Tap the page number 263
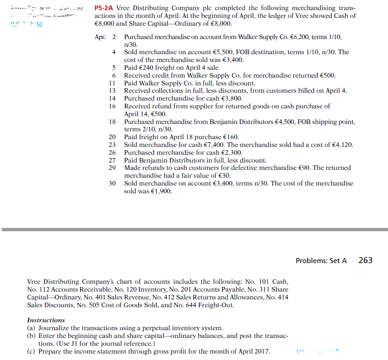(365, 260)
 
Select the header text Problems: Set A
(321, 260)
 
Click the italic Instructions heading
(46, 320)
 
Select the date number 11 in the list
(112, 83)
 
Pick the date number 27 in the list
(112, 160)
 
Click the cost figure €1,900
(162, 191)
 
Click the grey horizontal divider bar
(194, 229)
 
